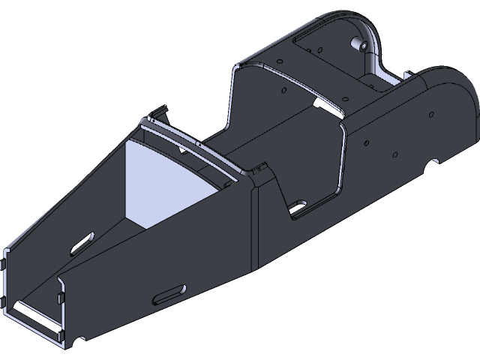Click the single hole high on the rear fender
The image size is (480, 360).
[x=431, y=114]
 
